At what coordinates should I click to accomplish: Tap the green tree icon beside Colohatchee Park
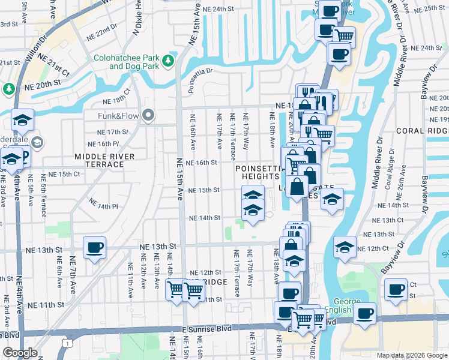[x=169, y=61]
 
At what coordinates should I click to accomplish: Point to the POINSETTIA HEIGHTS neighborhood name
[x=261, y=173]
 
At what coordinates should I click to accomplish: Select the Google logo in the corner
[x=20, y=353]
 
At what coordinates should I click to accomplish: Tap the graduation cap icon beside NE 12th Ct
[x=345, y=247]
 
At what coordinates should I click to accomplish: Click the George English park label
[x=343, y=307]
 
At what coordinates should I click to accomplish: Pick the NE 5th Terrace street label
[x=43, y=195]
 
